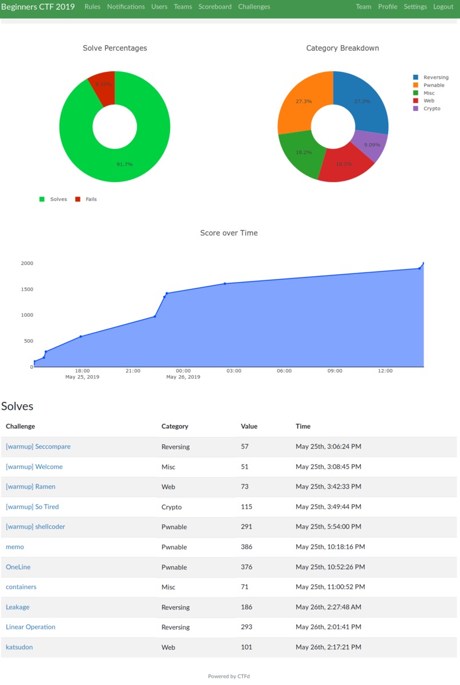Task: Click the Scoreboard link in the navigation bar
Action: coord(215,7)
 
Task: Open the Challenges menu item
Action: coord(254,7)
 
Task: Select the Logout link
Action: coord(443,7)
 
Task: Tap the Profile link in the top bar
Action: coord(388,7)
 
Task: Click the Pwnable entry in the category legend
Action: coord(433,85)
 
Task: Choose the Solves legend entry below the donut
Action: coord(58,199)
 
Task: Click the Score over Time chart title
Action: coord(229,233)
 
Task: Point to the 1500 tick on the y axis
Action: coord(27,289)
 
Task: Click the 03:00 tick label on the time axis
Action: coord(233,370)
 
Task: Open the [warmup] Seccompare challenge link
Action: coord(38,446)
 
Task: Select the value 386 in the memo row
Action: coord(247,547)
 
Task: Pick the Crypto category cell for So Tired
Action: coord(171,507)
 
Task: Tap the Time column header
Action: coord(302,426)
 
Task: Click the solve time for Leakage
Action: coord(328,607)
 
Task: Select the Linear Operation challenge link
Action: coord(30,627)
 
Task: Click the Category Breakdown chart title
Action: coord(342,48)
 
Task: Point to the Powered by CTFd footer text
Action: coord(229,676)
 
